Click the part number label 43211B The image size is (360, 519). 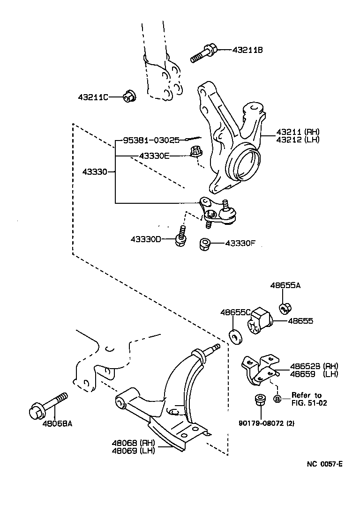pos(247,50)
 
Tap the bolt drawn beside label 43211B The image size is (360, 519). pos(203,53)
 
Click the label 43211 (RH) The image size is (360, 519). pos(294,132)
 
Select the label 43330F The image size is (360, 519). pos(241,243)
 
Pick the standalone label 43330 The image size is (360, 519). pos(94,172)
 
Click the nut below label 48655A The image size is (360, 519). pos(285,308)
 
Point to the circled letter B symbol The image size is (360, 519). pos(277,399)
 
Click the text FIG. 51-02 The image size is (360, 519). pos(309,402)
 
